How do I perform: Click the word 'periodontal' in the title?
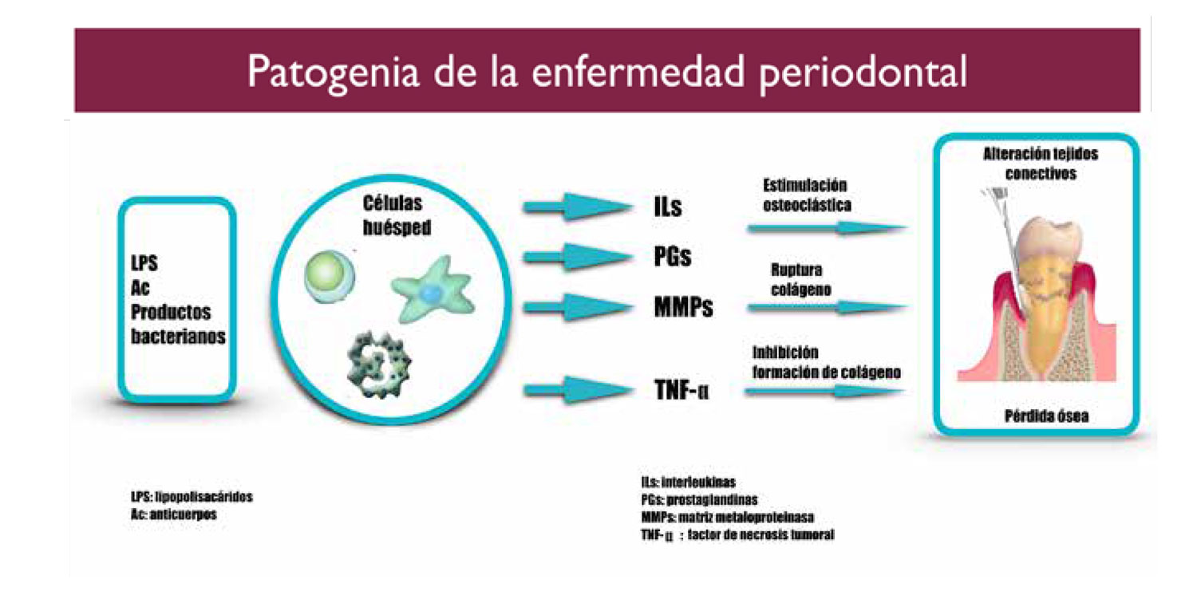pos(863,73)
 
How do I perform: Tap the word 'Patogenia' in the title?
pos(333,73)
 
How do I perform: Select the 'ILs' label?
pos(667,206)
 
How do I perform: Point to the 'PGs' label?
pos(672,256)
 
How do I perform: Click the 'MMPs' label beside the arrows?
pos(683,306)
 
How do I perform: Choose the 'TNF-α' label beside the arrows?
pos(681,389)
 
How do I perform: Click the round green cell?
pos(329,276)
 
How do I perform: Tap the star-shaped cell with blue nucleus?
pos(433,289)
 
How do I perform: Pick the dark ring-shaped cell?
pos(379,364)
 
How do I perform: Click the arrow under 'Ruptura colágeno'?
pos(828,307)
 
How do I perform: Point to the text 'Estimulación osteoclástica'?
pos(807,195)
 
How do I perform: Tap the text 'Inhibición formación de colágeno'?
pos(827,362)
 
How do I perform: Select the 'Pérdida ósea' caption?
pos(1046,416)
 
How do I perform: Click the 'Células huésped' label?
pos(397,215)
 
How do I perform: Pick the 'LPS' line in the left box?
pos(144,263)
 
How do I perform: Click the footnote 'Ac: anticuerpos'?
pos(174,514)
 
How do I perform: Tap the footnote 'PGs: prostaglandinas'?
pos(700,500)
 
